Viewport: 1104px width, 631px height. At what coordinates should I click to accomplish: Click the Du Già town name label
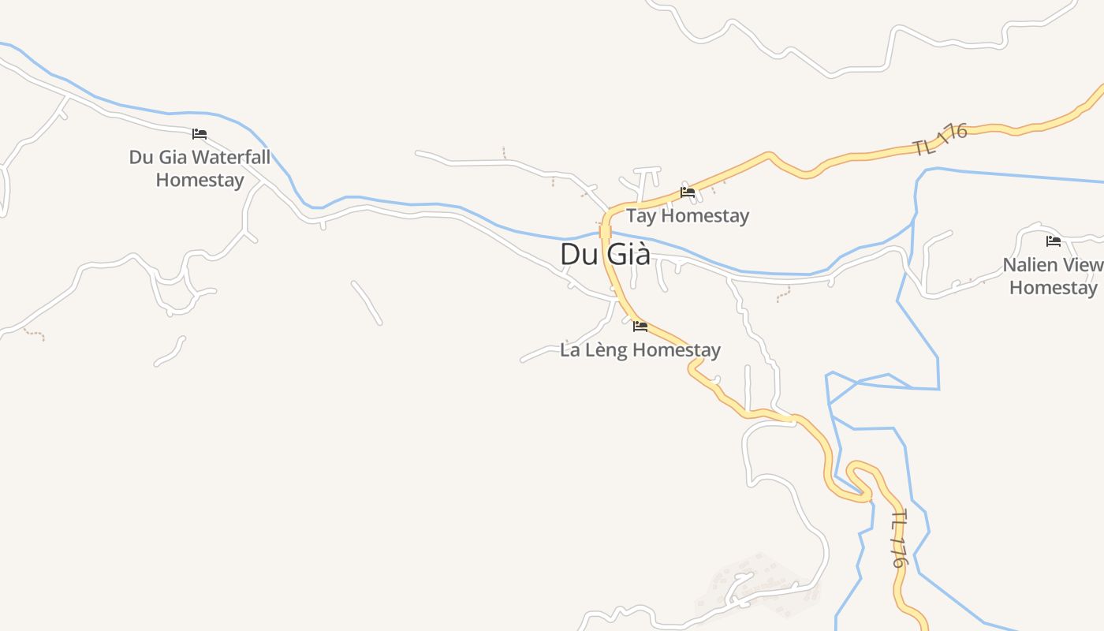click(x=605, y=254)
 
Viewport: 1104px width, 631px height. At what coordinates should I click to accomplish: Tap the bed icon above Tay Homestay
click(x=688, y=192)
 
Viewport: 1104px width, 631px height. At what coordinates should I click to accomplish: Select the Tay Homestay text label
click(x=688, y=215)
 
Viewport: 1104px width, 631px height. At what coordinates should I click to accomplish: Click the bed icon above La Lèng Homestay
click(x=640, y=326)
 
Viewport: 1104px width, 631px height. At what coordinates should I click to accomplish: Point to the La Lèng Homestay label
click(x=640, y=349)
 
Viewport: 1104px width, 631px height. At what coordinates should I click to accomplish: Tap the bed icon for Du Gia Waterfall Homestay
click(x=200, y=134)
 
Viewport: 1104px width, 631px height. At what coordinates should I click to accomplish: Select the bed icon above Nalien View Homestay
click(x=1054, y=241)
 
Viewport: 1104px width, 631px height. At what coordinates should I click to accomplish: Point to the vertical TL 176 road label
click(x=899, y=540)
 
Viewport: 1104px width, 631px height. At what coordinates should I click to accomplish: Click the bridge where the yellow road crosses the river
click(x=605, y=231)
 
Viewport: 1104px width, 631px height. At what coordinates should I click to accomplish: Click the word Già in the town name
click(x=628, y=254)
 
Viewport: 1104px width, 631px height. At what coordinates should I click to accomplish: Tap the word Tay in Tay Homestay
click(x=640, y=215)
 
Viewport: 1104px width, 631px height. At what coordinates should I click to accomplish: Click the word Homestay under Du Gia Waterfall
click(x=200, y=180)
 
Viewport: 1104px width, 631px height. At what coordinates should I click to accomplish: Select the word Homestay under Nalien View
click(x=1054, y=288)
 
